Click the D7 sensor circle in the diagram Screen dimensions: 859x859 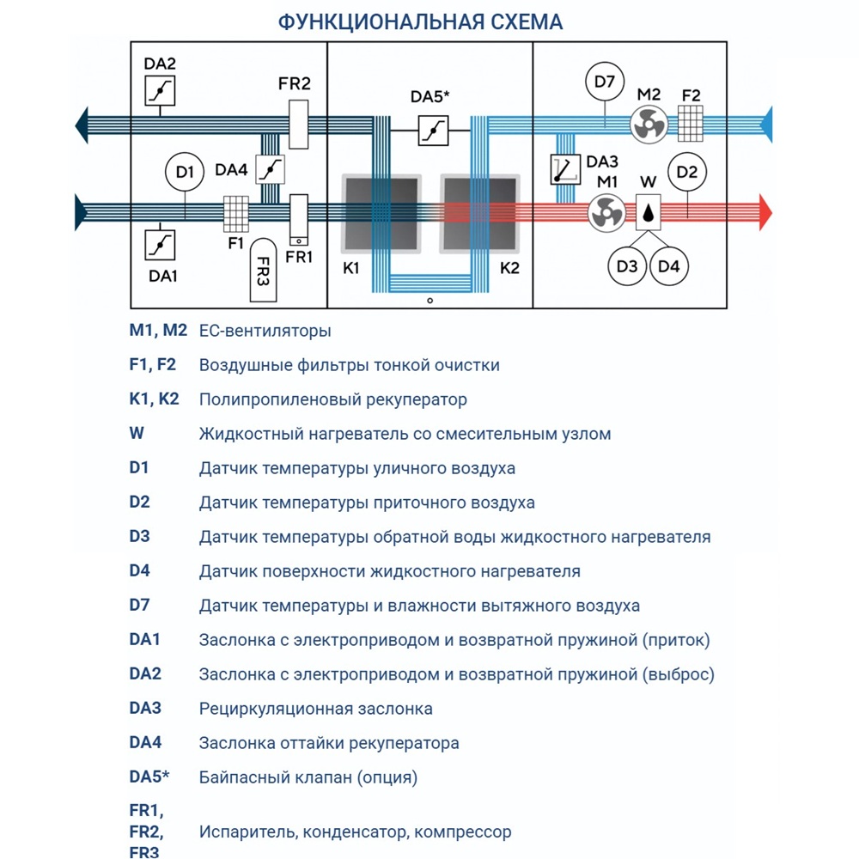point(605,83)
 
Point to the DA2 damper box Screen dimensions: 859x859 point(160,89)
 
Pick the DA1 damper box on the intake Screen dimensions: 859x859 point(160,243)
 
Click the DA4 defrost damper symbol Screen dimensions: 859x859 point(271,169)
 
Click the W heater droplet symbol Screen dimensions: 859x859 point(649,211)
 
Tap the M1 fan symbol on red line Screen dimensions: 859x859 point(607,212)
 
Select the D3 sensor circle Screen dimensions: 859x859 point(627,266)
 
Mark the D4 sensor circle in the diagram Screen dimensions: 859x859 point(669,266)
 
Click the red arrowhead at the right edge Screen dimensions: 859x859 point(766,212)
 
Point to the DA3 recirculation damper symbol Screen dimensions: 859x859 point(565,169)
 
